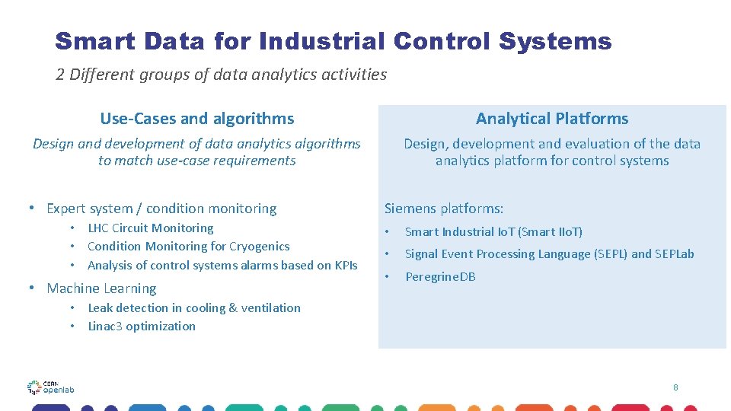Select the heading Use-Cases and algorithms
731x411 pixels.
pyautogui.click(x=196, y=119)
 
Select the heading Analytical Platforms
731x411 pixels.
pyautogui.click(x=552, y=119)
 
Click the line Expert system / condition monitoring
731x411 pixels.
pyautogui.click(x=161, y=209)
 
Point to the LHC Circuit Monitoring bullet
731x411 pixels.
pyautogui.click(x=150, y=228)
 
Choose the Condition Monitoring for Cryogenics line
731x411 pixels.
pyautogui.click(x=188, y=247)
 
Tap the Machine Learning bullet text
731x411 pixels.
pyautogui.click(x=101, y=288)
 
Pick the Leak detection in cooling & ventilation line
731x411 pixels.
pyautogui.click(x=194, y=308)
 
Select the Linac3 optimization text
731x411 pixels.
pyautogui.click(x=142, y=327)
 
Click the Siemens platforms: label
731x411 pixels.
pyautogui.click(x=444, y=209)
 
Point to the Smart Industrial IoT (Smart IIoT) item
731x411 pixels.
pyautogui.click(x=493, y=232)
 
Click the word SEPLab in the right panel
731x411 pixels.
pyautogui.click(x=675, y=254)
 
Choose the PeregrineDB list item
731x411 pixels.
pyautogui.click(x=440, y=277)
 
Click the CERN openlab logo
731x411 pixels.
pyautogui.click(x=50, y=387)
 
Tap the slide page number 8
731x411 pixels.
pyautogui.click(x=675, y=387)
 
